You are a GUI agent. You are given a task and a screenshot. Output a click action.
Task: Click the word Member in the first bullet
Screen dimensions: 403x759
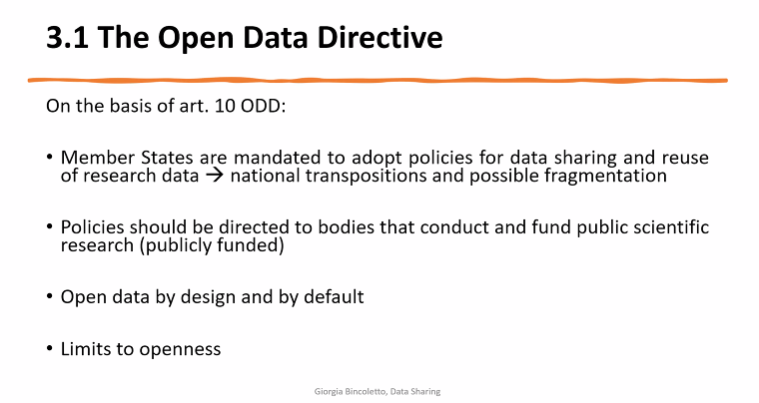coord(93,159)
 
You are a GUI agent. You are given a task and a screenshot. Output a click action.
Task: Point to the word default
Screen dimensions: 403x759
coord(335,297)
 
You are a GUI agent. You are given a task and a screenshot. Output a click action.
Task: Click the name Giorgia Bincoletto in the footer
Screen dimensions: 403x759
coord(348,392)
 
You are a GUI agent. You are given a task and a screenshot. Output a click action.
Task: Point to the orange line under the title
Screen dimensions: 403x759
coord(379,78)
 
